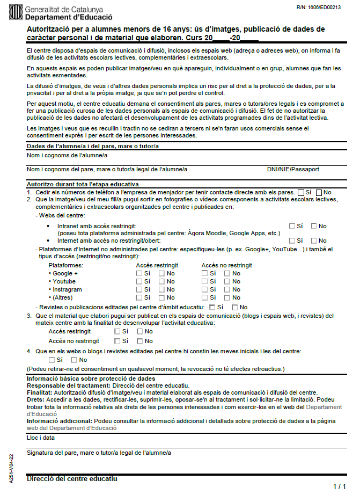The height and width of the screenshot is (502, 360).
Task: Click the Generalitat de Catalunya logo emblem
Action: [x=16, y=12]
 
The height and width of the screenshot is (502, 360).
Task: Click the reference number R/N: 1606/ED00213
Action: [x=318, y=8]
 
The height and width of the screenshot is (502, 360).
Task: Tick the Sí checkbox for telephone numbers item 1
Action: [x=300, y=192]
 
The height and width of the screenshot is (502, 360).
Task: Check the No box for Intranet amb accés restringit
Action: [x=314, y=226]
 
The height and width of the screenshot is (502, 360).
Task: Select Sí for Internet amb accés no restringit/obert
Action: [x=292, y=241]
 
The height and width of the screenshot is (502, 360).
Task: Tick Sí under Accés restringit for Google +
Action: [x=139, y=273]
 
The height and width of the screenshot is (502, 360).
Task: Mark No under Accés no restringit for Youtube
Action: [x=227, y=281]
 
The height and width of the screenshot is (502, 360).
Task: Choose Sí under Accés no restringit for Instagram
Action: [x=205, y=289]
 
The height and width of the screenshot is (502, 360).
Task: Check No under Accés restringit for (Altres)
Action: [x=162, y=297]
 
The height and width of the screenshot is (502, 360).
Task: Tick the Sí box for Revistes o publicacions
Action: [x=212, y=307]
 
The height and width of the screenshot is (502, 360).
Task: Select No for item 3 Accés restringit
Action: [x=140, y=331]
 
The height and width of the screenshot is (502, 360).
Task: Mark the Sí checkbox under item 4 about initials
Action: [x=52, y=360]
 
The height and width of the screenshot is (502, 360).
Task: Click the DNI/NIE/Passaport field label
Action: [x=293, y=169]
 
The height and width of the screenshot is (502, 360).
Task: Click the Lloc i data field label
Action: [x=40, y=438]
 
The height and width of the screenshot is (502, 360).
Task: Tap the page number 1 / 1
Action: [x=339, y=486]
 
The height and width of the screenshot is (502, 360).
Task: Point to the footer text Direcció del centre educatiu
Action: [x=72, y=478]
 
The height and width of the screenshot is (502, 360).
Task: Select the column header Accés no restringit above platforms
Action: [x=226, y=265]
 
